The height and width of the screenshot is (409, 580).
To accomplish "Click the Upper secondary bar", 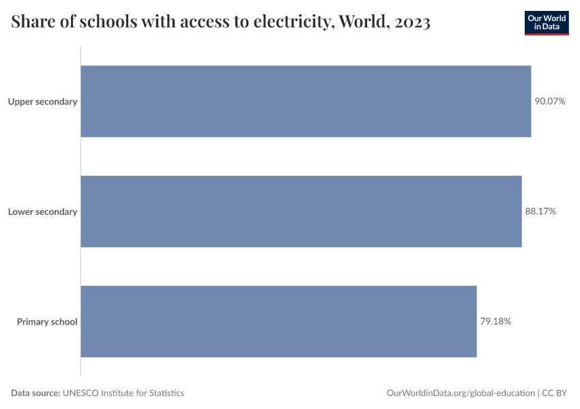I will (x=306, y=102).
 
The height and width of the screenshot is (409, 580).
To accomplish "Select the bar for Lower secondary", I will (x=301, y=211).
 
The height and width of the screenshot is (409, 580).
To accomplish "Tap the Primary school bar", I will (x=278, y=321).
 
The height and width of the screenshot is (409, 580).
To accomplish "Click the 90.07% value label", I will (x=550, y=102).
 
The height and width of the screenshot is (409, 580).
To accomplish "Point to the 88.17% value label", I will (x=540, y=211).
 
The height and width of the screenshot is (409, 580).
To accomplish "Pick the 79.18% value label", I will (x=495, y=321).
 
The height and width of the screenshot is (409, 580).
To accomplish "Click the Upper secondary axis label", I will (x=42, y=102).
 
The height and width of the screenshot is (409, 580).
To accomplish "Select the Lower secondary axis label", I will (x=42, y=211).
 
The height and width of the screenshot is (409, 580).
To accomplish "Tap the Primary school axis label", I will (x=47, y=321).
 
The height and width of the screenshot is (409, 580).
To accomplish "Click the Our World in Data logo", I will (x=547, y=22).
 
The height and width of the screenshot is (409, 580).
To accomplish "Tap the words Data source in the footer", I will (x=35, y=393).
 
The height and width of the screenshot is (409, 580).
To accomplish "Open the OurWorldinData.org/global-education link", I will (x=461, y=393).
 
